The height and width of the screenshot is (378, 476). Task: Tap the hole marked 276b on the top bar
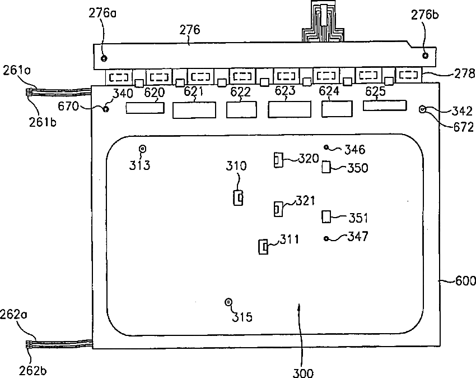pos(425,55)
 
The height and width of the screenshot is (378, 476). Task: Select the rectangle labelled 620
pos(145,108)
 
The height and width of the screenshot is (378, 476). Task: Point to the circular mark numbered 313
pos(142,149)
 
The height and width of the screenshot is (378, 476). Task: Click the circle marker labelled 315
pos(228,302)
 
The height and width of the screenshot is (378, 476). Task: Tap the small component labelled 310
pos(239,197)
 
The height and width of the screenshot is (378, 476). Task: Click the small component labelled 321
pos(277,209)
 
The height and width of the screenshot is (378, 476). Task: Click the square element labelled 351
pos(327,216)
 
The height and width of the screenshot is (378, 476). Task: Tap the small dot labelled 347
pos(326,239)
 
